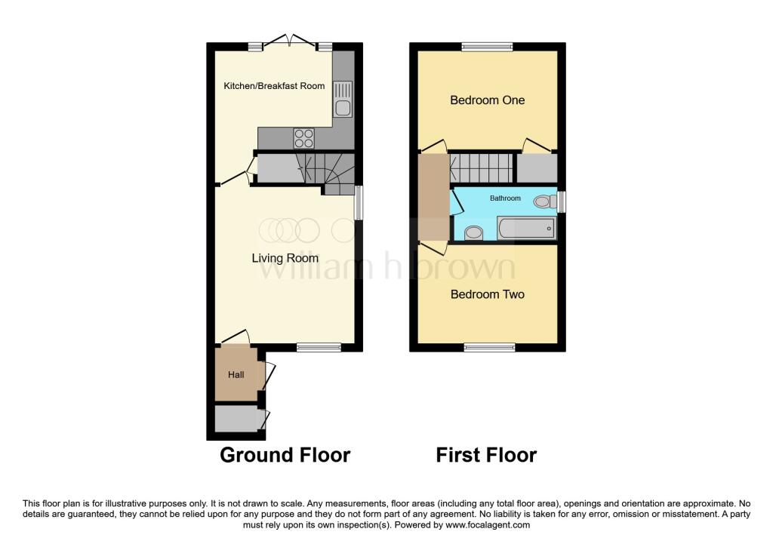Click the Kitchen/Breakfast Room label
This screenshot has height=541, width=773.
point(274,86)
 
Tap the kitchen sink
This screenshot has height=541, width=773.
point(343,98)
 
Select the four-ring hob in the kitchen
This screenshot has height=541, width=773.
point(304,138)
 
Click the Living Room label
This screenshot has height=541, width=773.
point(285,258)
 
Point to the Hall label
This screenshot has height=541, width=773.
point(236,374)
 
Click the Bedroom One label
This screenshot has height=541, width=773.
point(487,100)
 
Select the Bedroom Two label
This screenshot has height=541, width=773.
point(487,294)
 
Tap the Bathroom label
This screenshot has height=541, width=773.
point(505,198)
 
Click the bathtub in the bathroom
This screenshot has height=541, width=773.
point(527,227)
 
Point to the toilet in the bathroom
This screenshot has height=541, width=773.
point(542,201)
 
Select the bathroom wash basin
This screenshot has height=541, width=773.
point(474,232)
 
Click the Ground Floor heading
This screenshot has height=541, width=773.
point(285,455)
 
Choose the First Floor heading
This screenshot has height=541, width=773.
point(486,455)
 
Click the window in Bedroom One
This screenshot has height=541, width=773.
point(487,47)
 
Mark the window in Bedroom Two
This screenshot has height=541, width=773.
point(489,347)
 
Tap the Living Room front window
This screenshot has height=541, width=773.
point(318,347)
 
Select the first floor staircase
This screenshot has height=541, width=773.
point(481,165)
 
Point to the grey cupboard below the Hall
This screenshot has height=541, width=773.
point(236,419)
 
